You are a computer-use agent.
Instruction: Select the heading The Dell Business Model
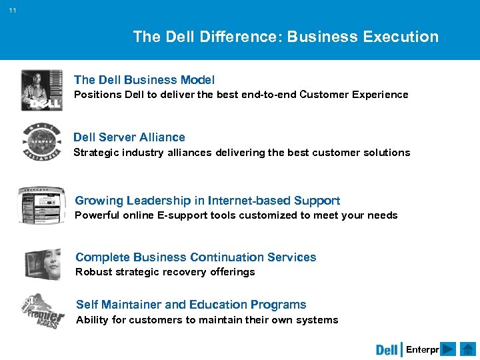point(144,80)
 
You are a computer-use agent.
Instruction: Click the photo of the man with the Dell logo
point(41,89)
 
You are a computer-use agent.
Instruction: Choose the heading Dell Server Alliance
point(129,137)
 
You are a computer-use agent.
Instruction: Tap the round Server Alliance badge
point(41,142)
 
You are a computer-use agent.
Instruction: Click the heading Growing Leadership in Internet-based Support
point(207,201)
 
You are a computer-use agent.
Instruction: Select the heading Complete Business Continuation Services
point(196,257)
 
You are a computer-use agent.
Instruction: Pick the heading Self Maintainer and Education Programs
point(191,305)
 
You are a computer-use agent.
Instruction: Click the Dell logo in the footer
point(387,350)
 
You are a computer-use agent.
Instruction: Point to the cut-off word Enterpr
point(422,350)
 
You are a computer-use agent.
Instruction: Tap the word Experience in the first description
point(377,95)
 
